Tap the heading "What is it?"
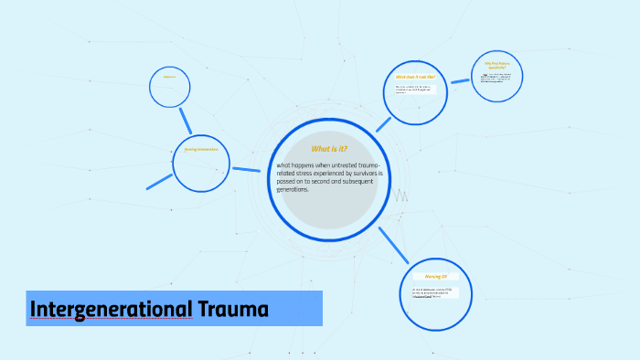pyautogui.click(x=329, y=148)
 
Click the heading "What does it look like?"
pyautogui.click(x=415, y=77)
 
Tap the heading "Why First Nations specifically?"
pyautogui.click(x=496, y=65)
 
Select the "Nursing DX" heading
pyautogui.click(x=435, y=276)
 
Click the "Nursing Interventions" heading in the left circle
pyautogui.click(x=200, y=150)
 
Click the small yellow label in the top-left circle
pyautogui.click(x=169, y=77)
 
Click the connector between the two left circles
pyautogui.click(x=186, y=121)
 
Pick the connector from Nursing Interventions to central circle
pyautogui.click(x=246, y=169)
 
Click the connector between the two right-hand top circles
pyautogui.click(x=460, y=81)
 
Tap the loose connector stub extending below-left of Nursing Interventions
pyautogui.click(x=159, y=182)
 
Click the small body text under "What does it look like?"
pyautogui.click(x=413, y=90)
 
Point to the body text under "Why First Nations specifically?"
pyautogui.click(x=498, y=77)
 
